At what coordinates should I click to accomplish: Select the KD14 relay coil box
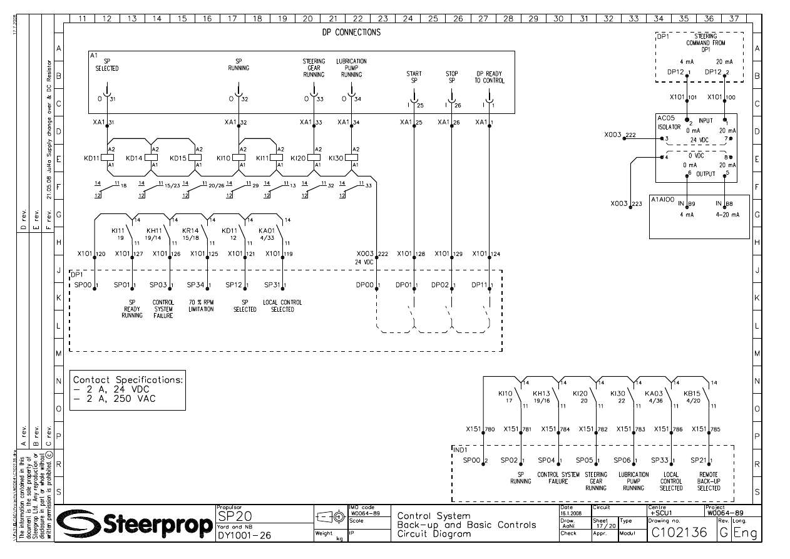click(151, 158)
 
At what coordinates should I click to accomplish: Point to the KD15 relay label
click(178, 158)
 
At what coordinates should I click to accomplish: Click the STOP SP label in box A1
click(452, 77)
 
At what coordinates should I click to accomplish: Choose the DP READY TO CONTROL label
click(490, 77)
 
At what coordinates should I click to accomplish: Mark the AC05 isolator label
click(665, 118)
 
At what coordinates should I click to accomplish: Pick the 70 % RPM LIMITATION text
click(201, 306)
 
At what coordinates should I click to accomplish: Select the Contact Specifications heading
click(128, 379)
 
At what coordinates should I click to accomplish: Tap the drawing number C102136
click(679, 533)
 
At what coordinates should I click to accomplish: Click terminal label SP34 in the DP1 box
click(196, 285)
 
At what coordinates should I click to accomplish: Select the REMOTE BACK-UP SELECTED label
click(709, 481)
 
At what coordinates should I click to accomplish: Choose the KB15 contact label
click(693, 394)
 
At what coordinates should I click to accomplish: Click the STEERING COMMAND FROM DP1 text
click(705, 43)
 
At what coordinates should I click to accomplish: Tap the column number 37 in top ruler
click(734, 19)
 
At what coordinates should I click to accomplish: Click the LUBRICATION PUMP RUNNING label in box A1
click(351, 68)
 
